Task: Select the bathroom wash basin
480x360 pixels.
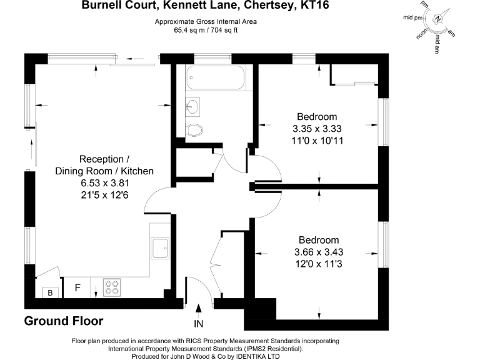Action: pos(193,107)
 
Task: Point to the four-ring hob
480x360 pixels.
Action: pos(112,287)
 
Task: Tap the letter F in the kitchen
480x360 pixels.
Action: pos(77,288)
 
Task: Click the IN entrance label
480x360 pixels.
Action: pos(199,324)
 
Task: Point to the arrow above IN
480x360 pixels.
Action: pos(199,309)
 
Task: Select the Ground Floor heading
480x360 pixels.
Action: pos(64,321)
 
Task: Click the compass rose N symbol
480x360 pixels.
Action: pos(439,19)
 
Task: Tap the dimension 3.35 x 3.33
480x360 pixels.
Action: pos(317,129)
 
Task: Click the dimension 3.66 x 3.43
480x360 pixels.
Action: pos(318,252)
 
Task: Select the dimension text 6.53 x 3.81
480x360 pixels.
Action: pos(104,183)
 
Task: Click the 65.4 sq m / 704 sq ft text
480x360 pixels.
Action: pos(206,29)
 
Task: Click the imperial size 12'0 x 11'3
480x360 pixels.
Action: pos(318,264)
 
